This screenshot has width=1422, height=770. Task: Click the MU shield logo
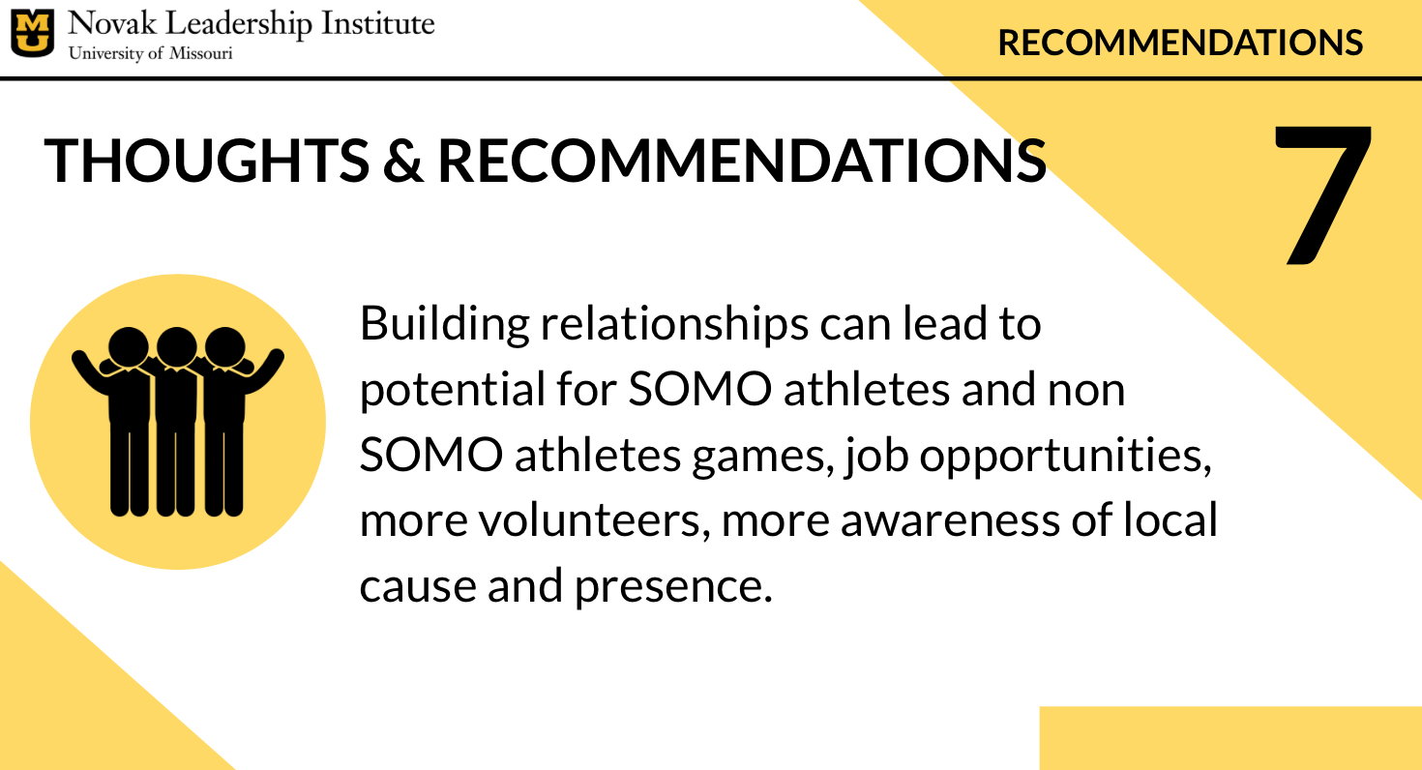[32, 33]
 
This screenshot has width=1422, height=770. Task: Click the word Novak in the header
[112, 23]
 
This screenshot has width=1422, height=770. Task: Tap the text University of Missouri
[151, 53]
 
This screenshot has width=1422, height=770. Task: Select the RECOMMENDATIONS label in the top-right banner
[1180, 43]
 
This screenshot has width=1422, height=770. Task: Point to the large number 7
[1323, 194]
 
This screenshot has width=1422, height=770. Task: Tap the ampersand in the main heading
[403, 161]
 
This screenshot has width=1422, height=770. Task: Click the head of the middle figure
[176, 346]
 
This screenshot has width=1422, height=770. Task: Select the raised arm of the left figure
[90, 371]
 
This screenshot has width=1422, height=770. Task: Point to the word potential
[452, 390]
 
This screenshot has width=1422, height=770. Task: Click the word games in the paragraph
[762, 457]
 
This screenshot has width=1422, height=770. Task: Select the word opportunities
[1066, 457]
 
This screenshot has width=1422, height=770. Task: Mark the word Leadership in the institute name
[239, 25]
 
